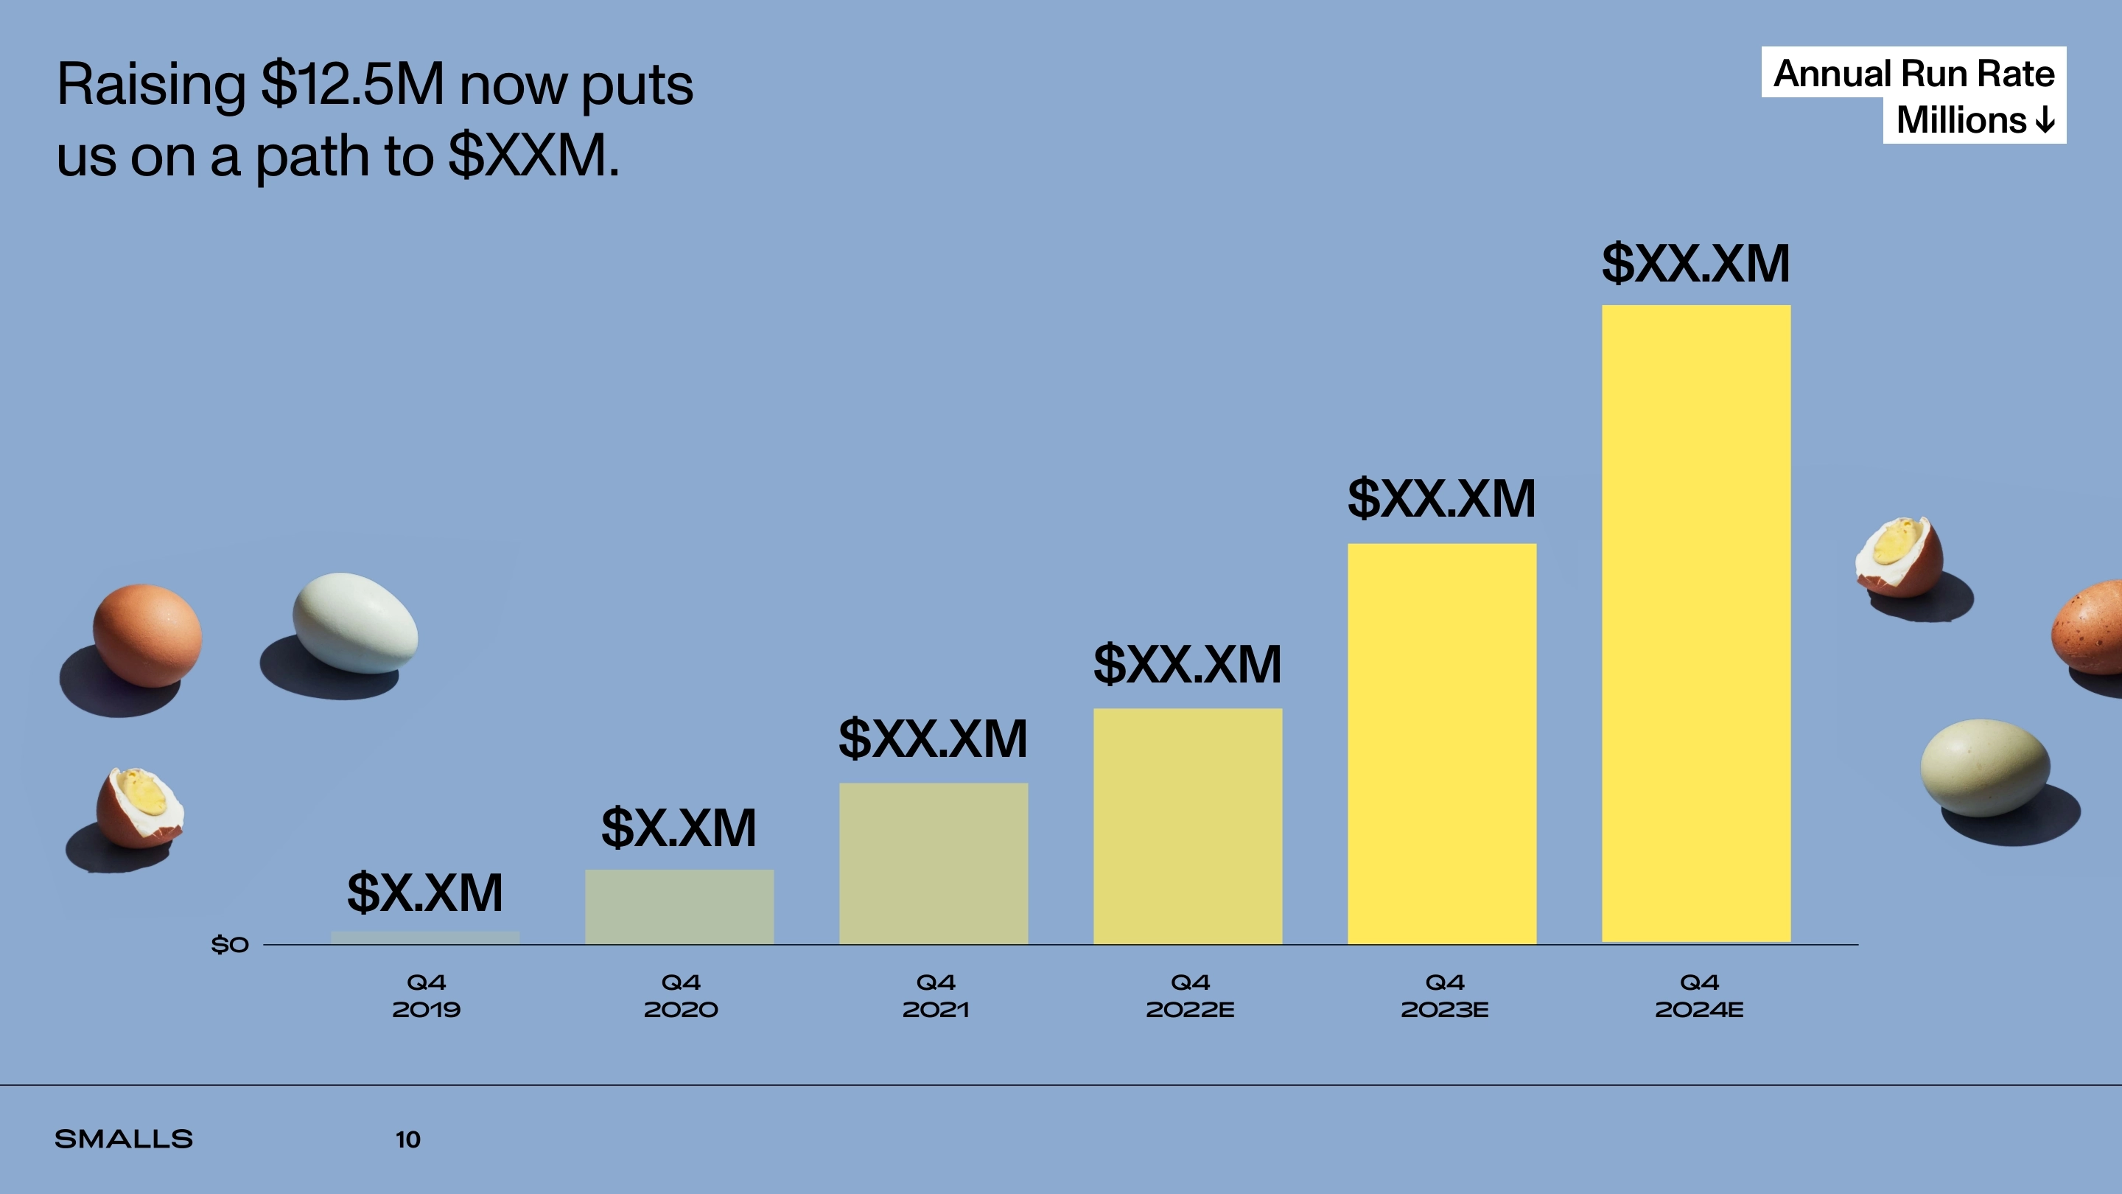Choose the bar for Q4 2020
679,907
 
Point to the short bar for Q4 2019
425,938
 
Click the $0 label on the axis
230,944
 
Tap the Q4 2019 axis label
426,996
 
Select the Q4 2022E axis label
1191,996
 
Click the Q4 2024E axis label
1699,996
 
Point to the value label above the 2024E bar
1695,264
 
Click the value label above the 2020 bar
679,828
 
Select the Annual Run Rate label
1913,74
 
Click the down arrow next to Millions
2045,121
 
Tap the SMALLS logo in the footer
124,1139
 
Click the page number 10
407,1139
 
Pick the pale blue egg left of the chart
356,623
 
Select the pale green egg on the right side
1984,767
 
